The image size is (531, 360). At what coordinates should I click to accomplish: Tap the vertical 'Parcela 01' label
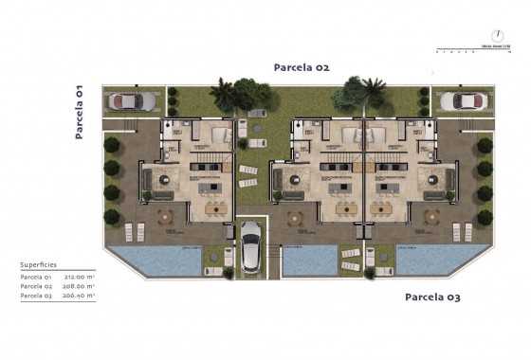coord(80,111)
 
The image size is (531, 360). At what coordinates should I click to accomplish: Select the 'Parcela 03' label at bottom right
coord(432,297)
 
